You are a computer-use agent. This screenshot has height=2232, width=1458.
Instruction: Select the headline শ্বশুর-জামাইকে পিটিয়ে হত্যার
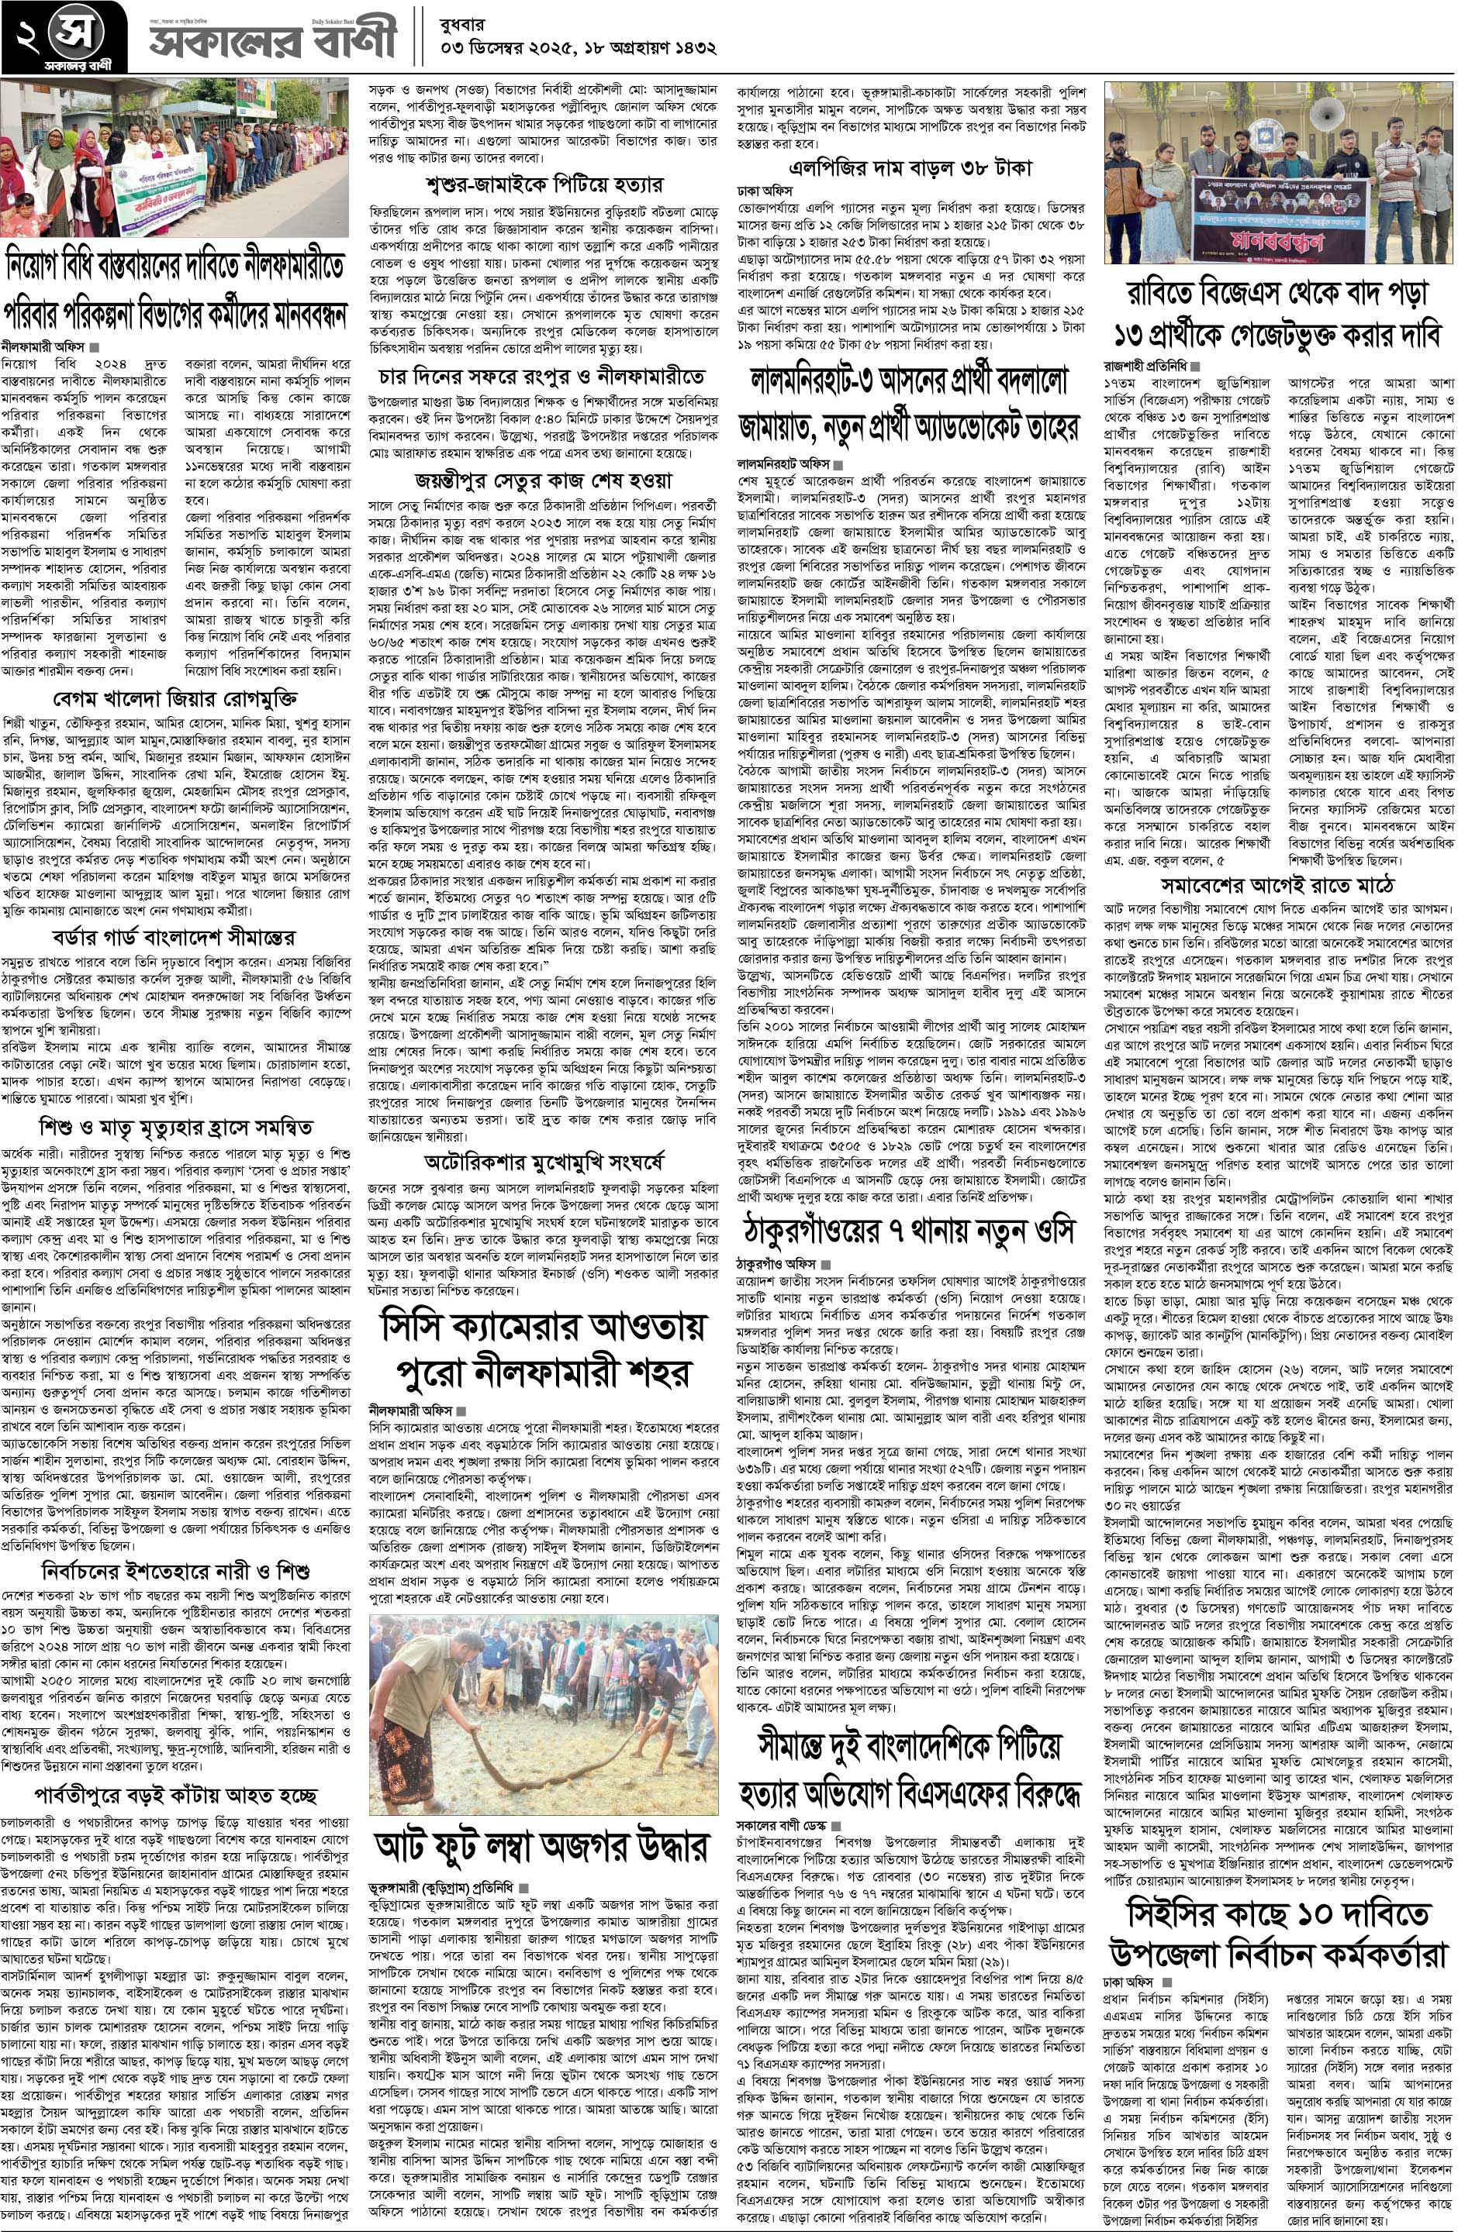coord(544,182)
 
